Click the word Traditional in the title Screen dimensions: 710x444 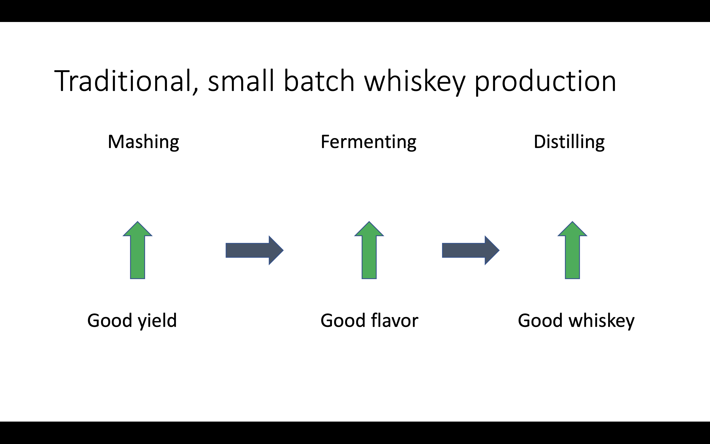(x=123, y=81)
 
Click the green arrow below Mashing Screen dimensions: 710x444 (x=138, y=250)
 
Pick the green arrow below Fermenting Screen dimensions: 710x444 (x=369, y=250)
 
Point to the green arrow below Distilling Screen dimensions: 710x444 (x=572, y=250)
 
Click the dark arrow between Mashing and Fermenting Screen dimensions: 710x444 (x=254, y=250)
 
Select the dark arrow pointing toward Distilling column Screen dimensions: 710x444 (x=471, y=250)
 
